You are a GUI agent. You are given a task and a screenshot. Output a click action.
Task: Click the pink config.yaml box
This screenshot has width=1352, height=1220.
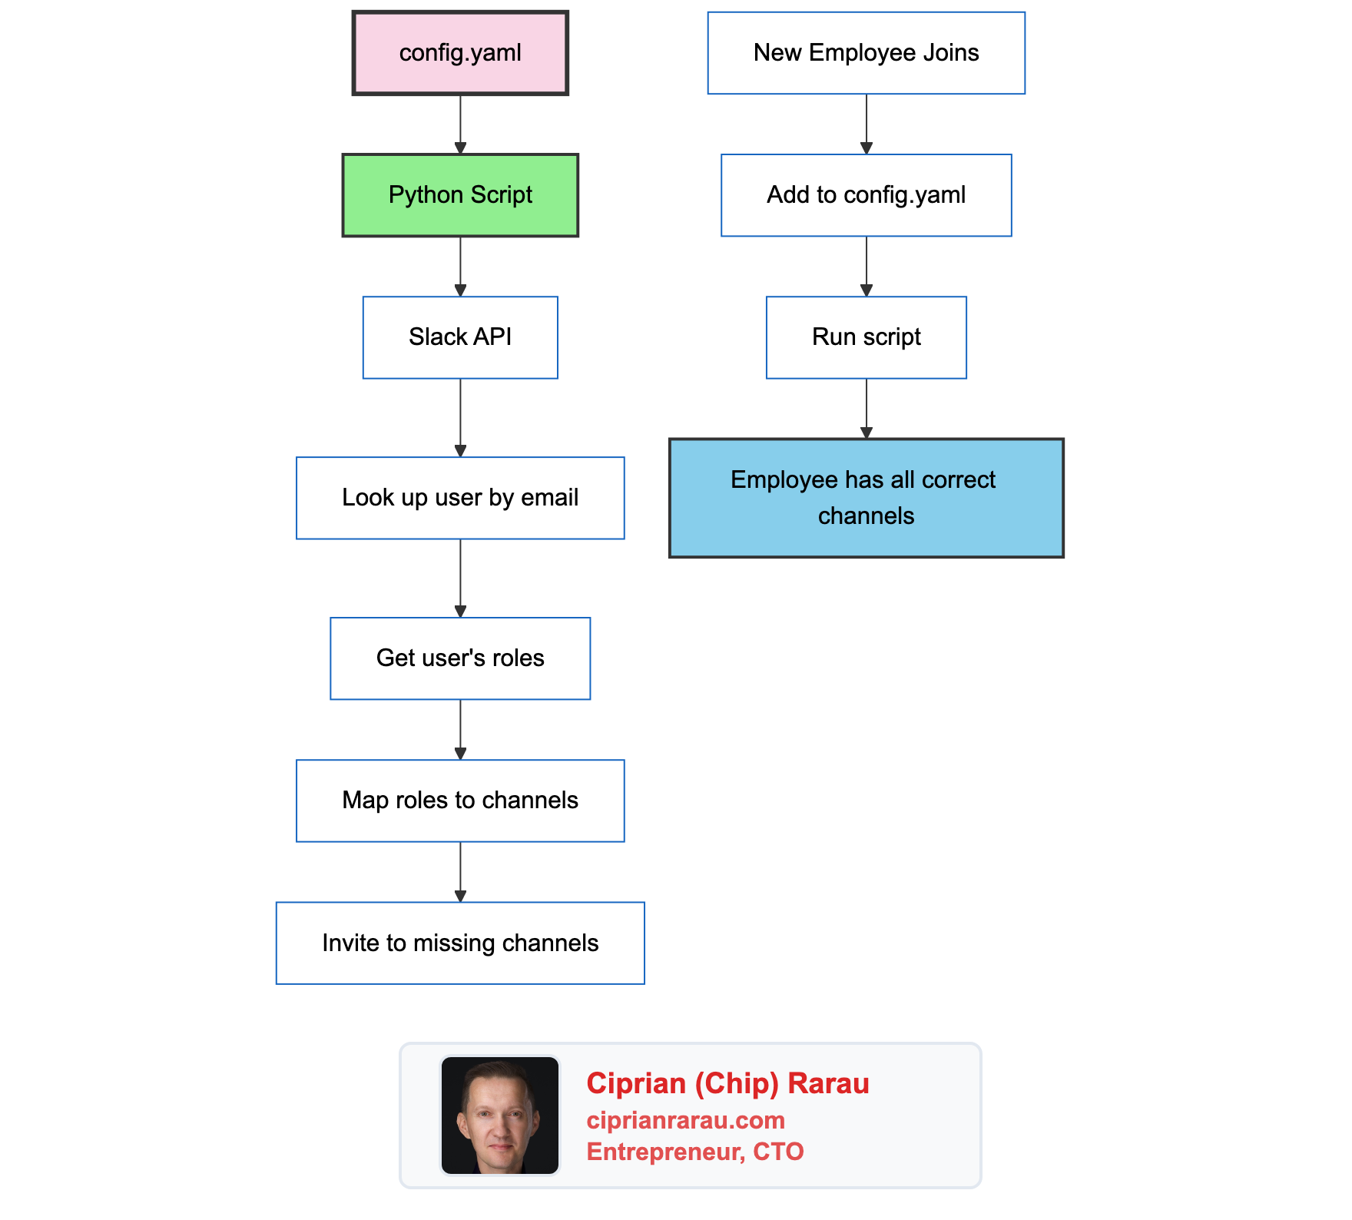(x=460, y=53)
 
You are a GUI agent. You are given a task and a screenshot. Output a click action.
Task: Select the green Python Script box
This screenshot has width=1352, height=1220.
(x=460, y=195)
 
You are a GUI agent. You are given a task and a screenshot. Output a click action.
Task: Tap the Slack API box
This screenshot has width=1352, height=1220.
(x=460, y=337)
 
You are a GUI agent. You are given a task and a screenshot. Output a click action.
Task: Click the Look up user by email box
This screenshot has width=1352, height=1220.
(x=460, y=498)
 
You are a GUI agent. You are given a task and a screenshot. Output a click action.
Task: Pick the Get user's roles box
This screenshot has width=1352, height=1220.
(x=460, y=658)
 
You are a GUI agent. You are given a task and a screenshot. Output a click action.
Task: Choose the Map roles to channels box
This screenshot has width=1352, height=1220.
(x=460, y=801)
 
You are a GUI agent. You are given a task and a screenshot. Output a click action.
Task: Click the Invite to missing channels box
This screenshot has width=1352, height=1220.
(x=460, y=943)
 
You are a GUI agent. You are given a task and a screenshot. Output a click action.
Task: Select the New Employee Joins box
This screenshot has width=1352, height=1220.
(x=866, y=53)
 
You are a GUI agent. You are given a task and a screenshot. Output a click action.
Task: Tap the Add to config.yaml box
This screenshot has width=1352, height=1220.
(x=866, y=195)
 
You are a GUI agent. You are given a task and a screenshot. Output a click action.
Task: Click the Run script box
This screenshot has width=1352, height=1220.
(x=866, y=337)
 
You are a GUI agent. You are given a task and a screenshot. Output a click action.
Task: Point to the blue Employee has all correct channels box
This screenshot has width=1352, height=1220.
(x=866, y=498)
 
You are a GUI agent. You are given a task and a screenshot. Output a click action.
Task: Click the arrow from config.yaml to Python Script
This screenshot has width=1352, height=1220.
(x=460, y=124)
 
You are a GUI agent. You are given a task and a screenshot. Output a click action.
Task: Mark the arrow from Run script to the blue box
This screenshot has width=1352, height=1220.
(x=867, y=408)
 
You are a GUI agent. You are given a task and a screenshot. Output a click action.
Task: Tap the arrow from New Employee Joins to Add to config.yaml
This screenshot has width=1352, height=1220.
(x=867, y=124)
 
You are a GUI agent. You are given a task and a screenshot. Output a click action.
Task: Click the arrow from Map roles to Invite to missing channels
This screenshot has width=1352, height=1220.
(x=460, y=871)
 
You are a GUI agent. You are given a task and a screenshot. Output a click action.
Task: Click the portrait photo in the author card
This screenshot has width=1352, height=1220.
(x=500, y=1116)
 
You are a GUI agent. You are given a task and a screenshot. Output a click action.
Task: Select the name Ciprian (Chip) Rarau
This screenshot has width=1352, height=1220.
(x=727, y=1083)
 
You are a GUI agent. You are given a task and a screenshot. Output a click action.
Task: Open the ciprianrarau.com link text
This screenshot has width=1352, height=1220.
(x=685, y=1120)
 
